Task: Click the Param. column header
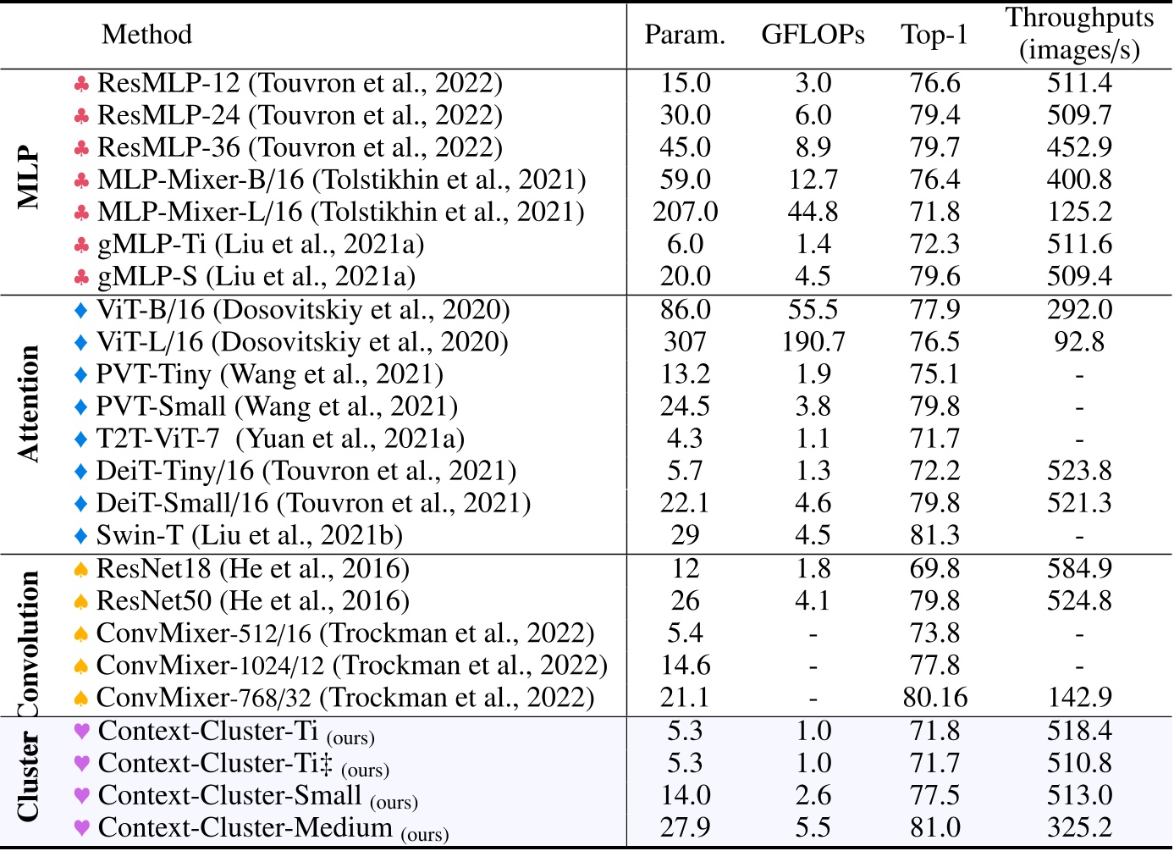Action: point(685,35)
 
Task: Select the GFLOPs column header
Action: point(813,35)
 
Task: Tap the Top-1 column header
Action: point(934,35)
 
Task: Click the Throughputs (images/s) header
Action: point(1079,34)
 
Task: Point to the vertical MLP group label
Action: point(29,179)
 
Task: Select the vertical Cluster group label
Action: point(29,777)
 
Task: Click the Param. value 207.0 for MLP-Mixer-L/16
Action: point(685,212)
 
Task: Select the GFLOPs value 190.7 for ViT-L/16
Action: point(813,342)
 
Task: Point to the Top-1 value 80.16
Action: point(934,698)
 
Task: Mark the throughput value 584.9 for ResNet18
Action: point(1079,569)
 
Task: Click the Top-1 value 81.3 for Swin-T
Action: point(934,536)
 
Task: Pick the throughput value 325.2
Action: point(1079,827)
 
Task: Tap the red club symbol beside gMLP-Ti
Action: point(81,246)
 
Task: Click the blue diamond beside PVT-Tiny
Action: point(81,374)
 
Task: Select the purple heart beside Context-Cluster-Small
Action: point(82,796)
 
